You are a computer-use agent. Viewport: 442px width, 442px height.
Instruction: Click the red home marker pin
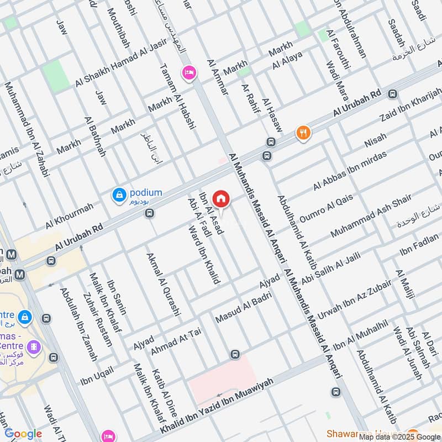[221, 198]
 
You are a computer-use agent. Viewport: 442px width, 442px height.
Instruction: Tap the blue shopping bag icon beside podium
[119, 194]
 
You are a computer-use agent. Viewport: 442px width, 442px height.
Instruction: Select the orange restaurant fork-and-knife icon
[302, 133]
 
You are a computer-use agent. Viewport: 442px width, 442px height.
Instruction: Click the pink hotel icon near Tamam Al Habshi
[190, 73]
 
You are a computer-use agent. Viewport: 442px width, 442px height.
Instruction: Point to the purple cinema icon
[35, 347]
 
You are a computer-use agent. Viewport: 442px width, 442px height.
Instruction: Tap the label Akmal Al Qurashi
[163, 284]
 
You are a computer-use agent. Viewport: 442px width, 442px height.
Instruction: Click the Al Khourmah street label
[70, 215]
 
